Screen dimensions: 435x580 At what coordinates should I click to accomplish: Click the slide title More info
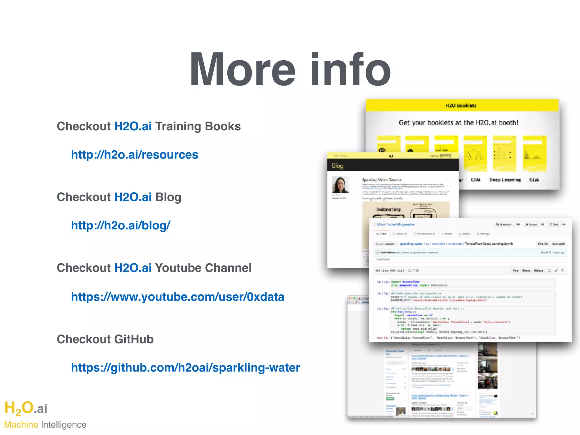290,69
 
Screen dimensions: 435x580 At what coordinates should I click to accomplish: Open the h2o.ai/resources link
135,155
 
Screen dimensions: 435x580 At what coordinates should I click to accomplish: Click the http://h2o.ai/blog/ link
121,225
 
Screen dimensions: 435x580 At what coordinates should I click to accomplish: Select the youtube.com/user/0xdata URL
178,297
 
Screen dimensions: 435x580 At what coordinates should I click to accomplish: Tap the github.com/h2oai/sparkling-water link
185,368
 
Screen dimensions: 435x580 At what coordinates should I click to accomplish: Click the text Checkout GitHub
105,339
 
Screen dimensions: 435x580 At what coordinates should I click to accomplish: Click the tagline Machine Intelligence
45,425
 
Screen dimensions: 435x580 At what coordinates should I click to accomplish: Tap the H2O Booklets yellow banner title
461,106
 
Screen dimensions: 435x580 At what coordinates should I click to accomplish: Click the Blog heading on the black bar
338,166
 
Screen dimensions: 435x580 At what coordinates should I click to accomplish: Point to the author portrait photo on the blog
340,185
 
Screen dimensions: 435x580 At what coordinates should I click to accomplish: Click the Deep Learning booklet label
505,180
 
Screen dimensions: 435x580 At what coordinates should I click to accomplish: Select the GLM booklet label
534,180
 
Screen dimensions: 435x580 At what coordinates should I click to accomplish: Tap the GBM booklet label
475,180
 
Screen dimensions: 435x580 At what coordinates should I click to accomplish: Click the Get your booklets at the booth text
459,123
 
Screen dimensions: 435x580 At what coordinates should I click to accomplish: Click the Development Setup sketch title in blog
388,210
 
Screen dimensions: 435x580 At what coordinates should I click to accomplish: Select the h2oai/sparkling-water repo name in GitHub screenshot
396,224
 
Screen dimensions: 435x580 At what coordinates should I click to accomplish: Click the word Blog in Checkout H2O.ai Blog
168,197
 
